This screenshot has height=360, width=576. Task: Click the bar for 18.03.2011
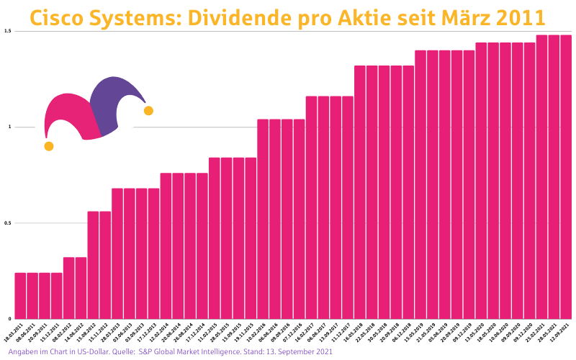point(20,295)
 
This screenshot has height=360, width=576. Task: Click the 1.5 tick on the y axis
point(7,31)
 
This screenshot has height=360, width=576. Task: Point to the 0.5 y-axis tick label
point(7,223)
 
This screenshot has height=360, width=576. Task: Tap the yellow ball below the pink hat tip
point(48,146)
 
